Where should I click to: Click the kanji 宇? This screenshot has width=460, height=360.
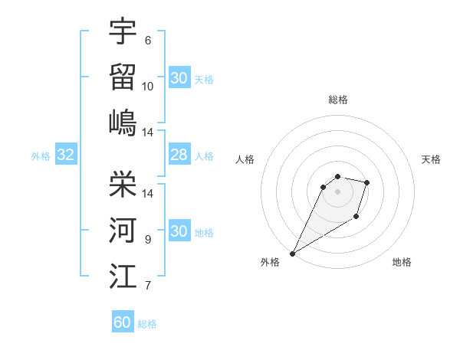(123, 31)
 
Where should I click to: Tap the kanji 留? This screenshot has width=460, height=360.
(123, 76)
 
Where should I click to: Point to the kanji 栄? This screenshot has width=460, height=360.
(123, 184)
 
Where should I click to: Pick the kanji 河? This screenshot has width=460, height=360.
(123, 229)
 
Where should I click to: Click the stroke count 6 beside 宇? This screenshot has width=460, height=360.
(147, 41)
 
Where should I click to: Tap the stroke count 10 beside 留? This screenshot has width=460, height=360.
(148, 86)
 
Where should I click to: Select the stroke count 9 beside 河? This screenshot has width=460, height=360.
(147, 239)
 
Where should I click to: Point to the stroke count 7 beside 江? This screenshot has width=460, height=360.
(147, 286)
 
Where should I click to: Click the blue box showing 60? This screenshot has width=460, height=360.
(123, 322)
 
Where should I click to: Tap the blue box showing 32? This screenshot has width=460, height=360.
(66, 155)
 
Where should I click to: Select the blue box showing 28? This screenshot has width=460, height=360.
(179, 155)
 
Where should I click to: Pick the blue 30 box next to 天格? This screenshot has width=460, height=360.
(179, 78)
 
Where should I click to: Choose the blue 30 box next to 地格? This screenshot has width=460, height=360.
(179, 231)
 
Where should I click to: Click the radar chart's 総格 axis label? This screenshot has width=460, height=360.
(338, 100)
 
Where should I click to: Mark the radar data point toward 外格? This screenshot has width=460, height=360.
(292, 253)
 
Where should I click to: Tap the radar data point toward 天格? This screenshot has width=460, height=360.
(367, 182)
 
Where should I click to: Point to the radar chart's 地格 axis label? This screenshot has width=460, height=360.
(402, 262)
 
